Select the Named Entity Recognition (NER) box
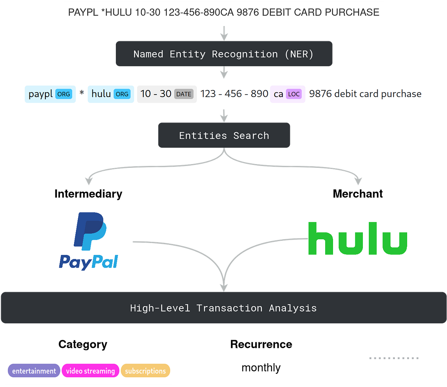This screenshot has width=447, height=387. pos(224,54)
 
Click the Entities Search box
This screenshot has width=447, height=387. pos(224,135)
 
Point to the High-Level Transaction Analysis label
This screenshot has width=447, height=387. pos(223,308)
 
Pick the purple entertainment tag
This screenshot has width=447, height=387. pos(34,371)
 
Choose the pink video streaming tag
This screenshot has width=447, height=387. pos(91,371)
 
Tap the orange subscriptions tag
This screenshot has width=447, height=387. pos(145,371)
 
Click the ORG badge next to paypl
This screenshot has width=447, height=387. pos(64,94)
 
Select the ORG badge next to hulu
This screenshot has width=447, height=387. pos(122,94)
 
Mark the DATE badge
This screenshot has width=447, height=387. pos(184,94)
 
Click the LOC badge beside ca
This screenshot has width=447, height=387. pos(294,94)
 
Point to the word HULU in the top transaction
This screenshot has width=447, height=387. pos(118,12)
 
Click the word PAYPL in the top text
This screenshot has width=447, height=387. pos(83,12)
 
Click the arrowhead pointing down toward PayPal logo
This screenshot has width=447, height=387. pos(88,181)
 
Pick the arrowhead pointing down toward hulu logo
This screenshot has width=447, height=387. pos(358,181)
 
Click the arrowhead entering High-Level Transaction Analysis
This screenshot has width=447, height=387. pos(223,287)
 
